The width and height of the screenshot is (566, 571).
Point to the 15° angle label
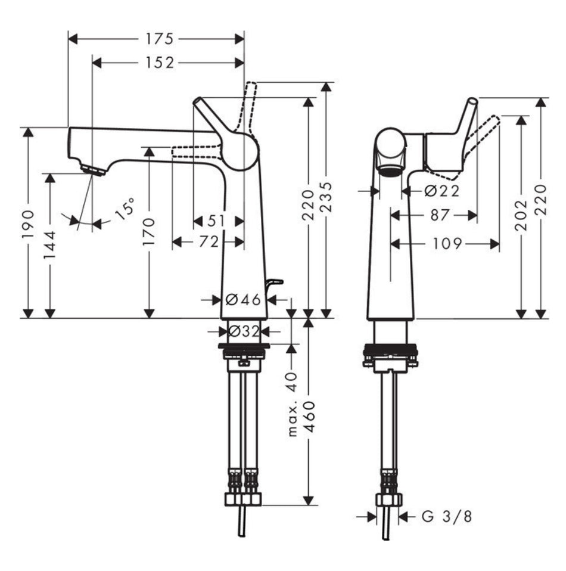tap(124, 211)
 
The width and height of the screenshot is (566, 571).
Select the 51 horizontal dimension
tap(217, 221)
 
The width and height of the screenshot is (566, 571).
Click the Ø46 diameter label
tap(243, 300)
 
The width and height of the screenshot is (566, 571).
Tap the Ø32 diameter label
tap(243, 331)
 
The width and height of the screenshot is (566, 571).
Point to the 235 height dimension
tap(326, 200)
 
